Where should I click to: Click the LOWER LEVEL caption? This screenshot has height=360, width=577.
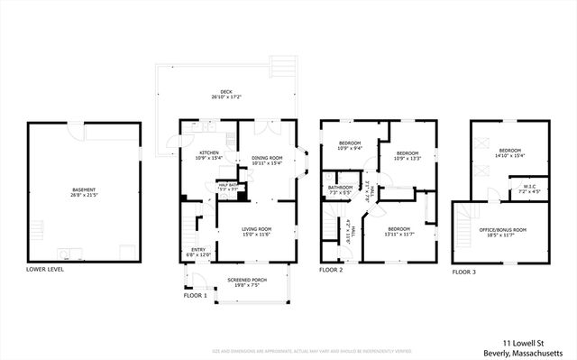[x=44, y=270]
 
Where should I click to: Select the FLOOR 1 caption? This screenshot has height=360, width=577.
[x=195, y=295]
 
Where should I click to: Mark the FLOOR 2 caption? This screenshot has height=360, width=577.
[x=333, y=270]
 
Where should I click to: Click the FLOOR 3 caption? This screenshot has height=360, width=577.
[x=465, y=270]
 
